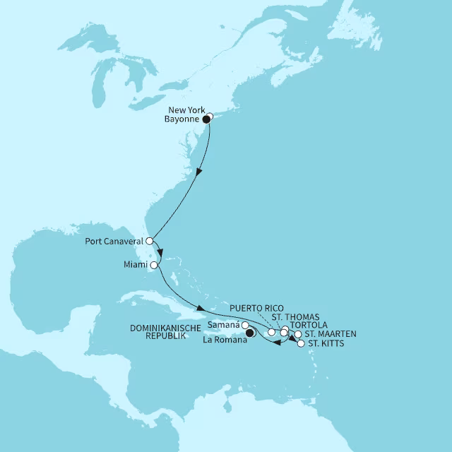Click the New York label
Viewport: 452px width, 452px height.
coord(186,110)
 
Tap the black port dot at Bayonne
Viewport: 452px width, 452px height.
coord(206,119)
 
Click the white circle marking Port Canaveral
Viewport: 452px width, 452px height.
coord(149,241)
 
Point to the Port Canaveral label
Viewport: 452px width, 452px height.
coord(114,241)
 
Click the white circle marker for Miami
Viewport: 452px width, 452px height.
coord(153,265)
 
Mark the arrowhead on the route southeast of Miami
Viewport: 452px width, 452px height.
coord(201,309)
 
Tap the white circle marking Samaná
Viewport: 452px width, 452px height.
coord(245,325)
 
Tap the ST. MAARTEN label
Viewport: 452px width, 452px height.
coord(331,334)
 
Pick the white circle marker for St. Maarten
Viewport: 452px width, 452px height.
coord(298,335)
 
